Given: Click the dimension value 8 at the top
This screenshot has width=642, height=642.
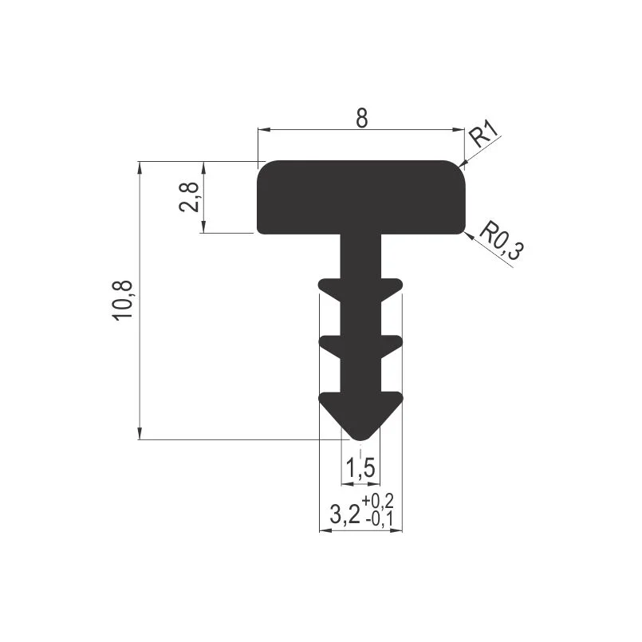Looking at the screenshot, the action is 362,118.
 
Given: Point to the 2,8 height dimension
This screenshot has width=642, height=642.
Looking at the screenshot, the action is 190,197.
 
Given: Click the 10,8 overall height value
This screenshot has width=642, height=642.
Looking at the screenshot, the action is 124,300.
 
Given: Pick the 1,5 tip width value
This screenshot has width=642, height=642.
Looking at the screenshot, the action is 360,467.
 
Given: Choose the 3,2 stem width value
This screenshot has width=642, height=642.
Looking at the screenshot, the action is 345,514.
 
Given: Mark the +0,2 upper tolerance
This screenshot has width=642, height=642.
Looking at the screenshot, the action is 377,501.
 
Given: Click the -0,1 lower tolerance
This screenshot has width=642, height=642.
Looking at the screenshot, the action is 379,519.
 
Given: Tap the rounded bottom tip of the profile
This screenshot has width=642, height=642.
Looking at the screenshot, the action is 360,437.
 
